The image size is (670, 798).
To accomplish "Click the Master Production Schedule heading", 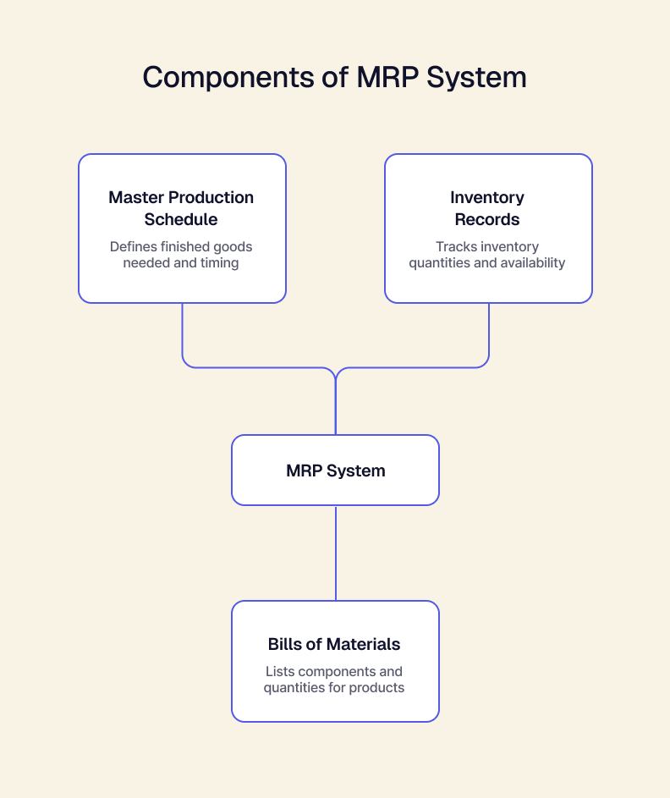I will pos(181,208).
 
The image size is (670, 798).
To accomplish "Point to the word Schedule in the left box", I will pos(181,219).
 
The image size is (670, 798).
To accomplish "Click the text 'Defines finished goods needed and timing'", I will pos(181,255).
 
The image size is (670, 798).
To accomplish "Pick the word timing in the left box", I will pos(219,263).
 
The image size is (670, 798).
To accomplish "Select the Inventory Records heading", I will pos(487,208).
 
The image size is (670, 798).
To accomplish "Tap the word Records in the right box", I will pos(487,219).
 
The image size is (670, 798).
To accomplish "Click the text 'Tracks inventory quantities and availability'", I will pos(487,255).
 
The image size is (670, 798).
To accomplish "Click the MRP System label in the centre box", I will pos(336,471).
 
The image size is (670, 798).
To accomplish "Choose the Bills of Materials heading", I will pos(334,644).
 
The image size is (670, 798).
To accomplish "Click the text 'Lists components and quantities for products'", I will pos(334,680).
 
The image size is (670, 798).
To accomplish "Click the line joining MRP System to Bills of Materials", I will pos(336,553).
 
